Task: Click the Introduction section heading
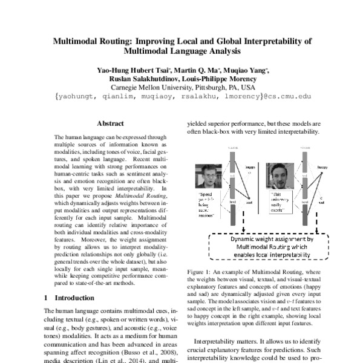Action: coord(75,298)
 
